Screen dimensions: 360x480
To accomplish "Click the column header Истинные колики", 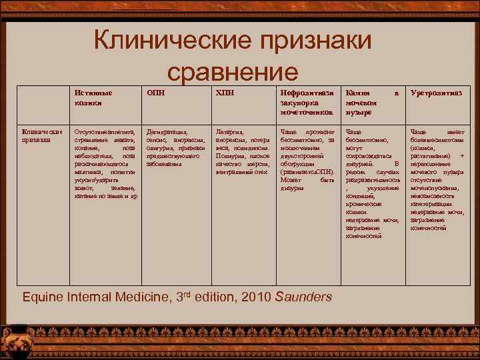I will pos(93,97).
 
